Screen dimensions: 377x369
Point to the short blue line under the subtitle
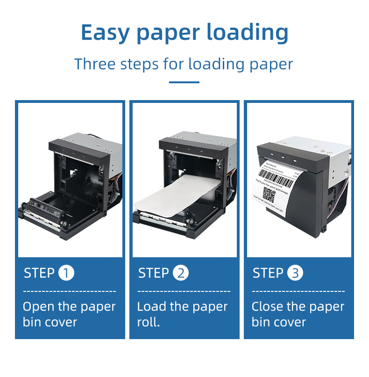point(184,82)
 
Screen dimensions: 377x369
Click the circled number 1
point(66,273)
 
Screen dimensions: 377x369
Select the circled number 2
point(181,273)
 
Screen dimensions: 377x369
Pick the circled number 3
point(295,273)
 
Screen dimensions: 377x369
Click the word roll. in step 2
point(148,322)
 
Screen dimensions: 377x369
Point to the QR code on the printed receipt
point(270,193)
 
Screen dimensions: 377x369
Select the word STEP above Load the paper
point(153,273)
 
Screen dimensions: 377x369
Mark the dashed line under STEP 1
point(69,291)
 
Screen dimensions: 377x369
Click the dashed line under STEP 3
point(298,291)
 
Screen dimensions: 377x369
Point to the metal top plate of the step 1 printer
point(89,139)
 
